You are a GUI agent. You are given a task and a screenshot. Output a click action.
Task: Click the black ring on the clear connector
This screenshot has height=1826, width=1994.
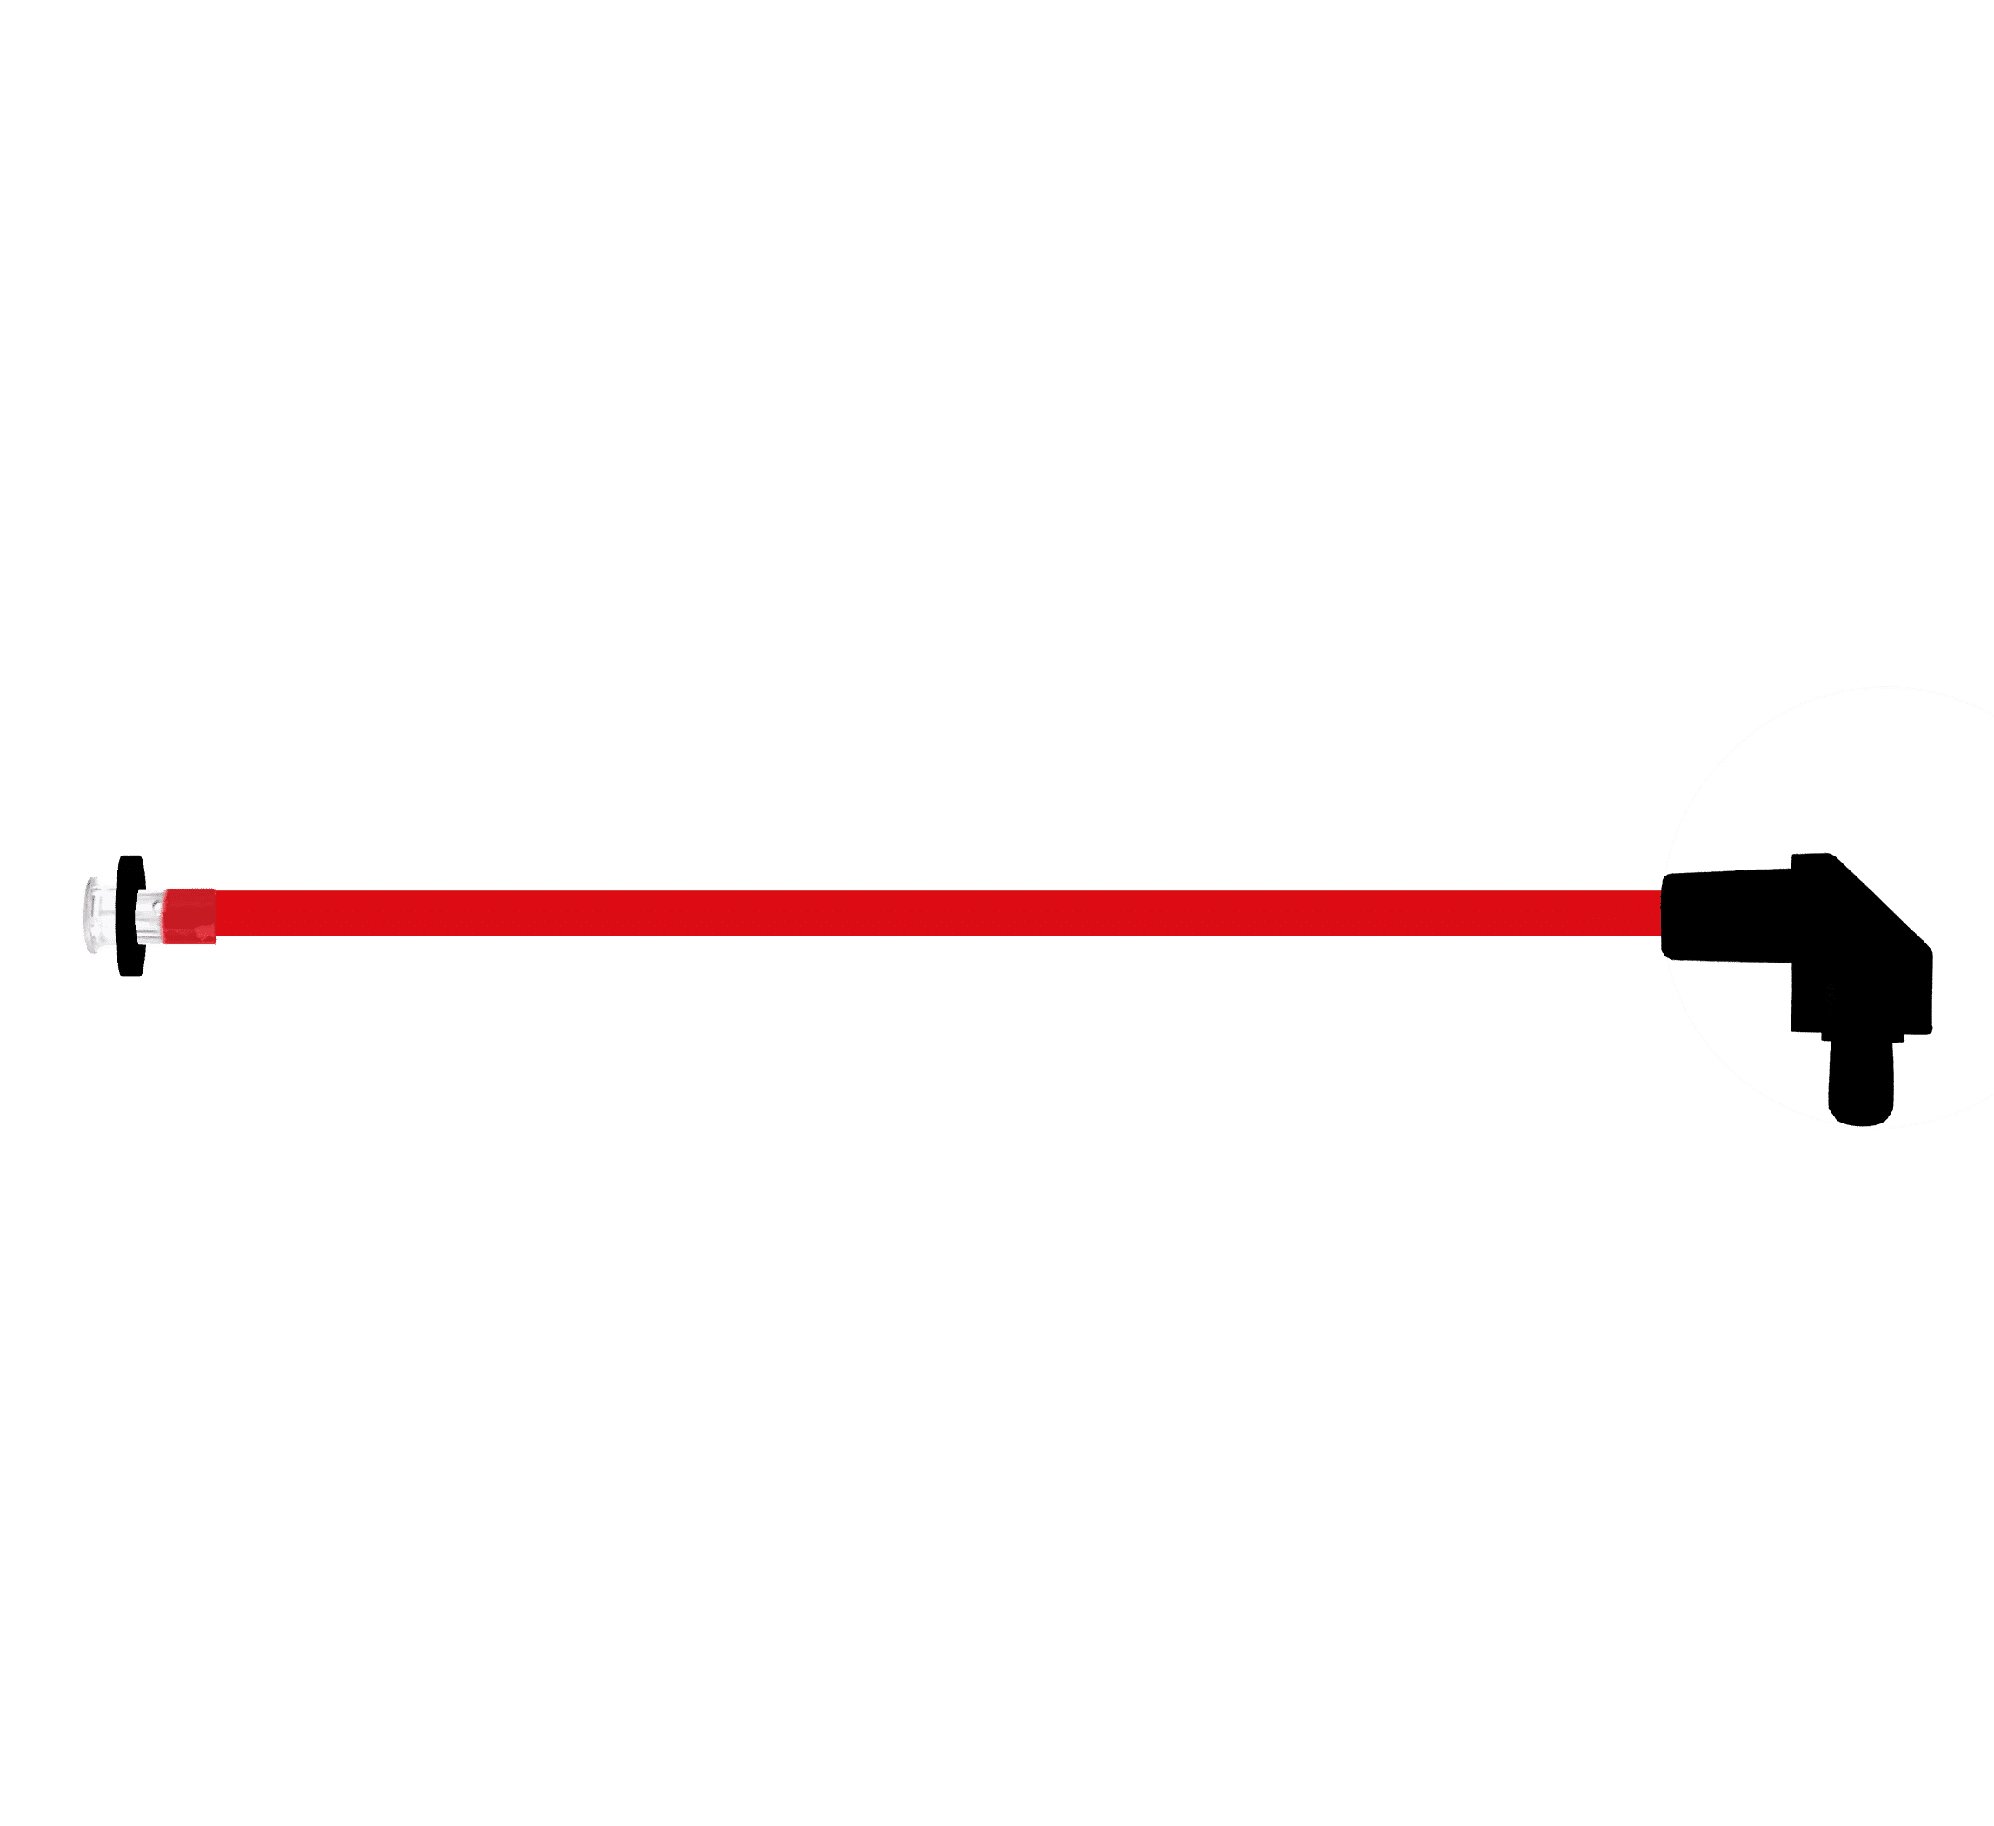click(x=130, y=915)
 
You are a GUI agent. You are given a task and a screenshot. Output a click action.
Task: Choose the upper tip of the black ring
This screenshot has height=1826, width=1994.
click(x=130, y=857)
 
